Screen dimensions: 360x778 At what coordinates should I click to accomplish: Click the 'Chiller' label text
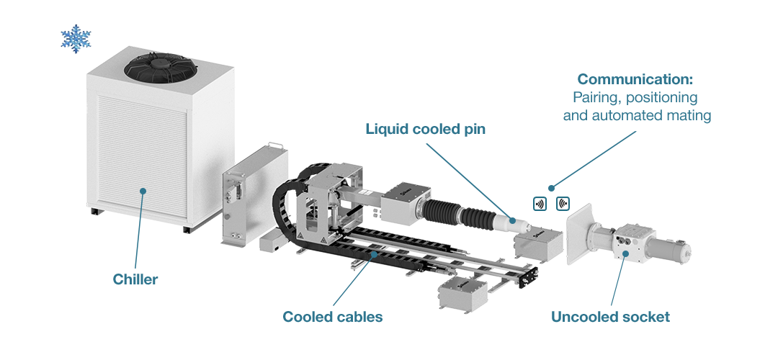135,279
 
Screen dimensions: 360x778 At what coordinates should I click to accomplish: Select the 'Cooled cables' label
332,317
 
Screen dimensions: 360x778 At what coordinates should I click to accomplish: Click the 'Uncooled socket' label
610,317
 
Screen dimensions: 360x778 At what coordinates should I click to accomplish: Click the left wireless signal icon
540,203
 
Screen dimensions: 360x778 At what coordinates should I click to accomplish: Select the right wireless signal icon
563,203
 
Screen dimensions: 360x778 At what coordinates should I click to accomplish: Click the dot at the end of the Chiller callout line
143,191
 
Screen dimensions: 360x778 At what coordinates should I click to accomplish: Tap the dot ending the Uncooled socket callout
625,253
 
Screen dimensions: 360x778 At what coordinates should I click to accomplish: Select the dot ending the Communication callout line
552,188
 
